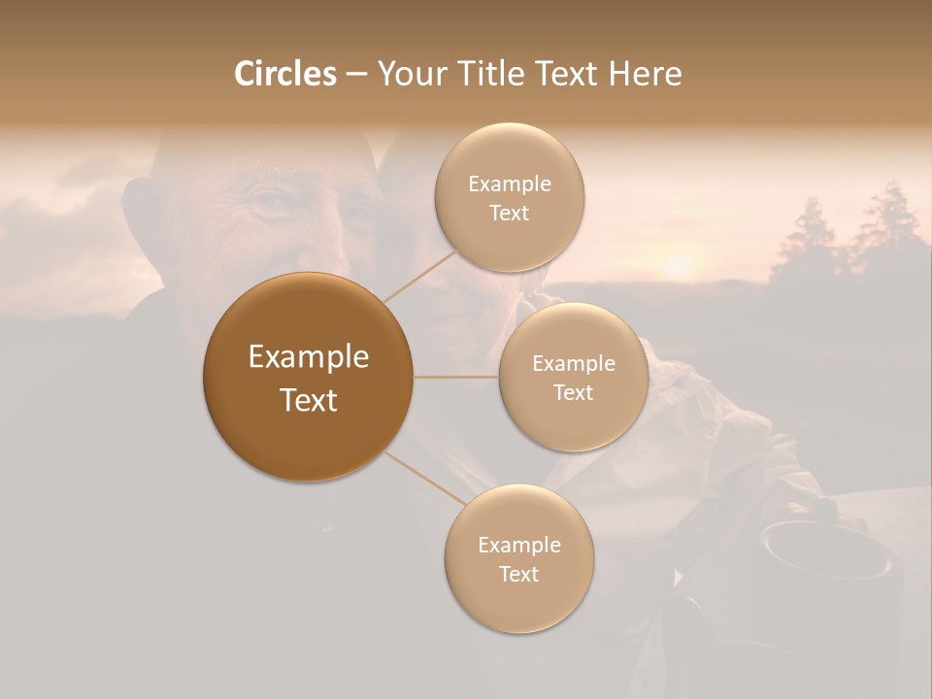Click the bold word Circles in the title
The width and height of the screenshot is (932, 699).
pos(284,74)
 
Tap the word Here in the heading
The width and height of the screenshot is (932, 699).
pos(645,74)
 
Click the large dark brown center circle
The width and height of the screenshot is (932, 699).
pos(308,377)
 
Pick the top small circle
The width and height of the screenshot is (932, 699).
pos(509,198)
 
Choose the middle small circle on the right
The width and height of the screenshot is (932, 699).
pos(573,377)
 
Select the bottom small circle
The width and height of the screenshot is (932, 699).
pos(518,558)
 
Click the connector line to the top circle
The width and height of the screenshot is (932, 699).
pos(420,275)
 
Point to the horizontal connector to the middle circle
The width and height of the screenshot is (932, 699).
pos(455,377)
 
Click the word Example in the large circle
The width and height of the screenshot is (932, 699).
pos(308,357)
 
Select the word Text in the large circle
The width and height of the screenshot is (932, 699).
pos(308,400)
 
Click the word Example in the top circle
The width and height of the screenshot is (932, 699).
pos(509,184)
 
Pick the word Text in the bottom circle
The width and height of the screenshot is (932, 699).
pos(518,574)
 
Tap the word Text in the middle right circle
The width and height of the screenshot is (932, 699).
pos(573,392)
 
